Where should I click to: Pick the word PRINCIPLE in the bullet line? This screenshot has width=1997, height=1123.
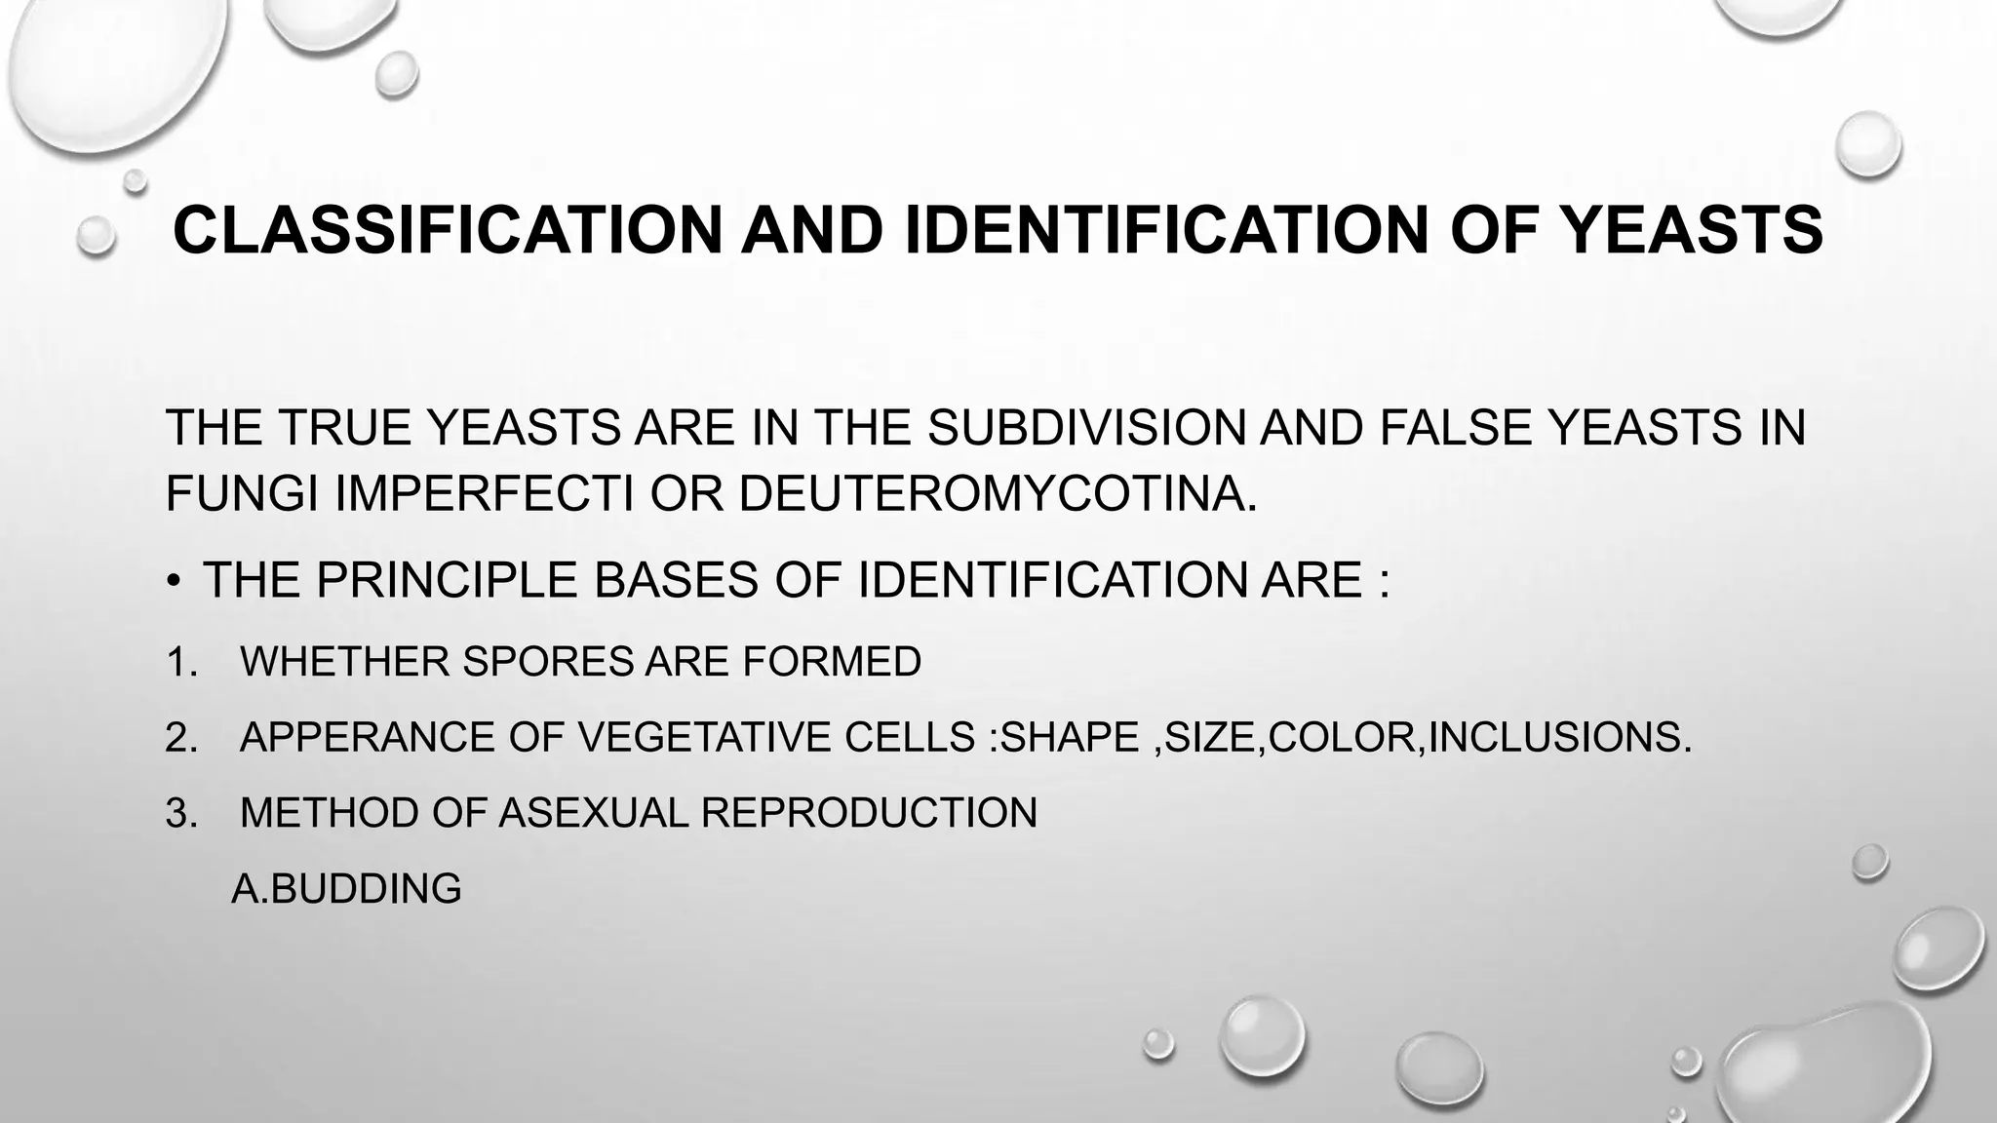448,581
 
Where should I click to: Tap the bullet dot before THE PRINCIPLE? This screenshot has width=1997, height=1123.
174,583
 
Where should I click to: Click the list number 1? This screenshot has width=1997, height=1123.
180,662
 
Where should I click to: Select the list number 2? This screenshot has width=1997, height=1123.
181,737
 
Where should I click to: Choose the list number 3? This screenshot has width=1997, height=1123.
181,813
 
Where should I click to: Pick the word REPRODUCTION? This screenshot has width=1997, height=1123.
869,813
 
